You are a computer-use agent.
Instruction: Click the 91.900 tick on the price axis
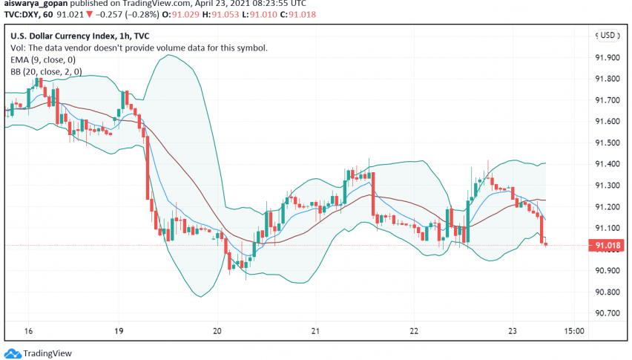point(609,57)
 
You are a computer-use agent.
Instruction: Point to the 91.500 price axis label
point(609,143)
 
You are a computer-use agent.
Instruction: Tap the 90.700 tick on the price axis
point(609,313)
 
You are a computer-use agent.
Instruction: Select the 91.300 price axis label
point(609,185)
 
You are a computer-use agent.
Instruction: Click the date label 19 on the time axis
point(119,330)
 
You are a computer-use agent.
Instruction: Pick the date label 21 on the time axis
point(315,330)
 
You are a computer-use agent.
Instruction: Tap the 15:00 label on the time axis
point(576,330)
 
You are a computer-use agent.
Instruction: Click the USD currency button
point(609,35)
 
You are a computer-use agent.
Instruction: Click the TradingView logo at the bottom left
point(37,353)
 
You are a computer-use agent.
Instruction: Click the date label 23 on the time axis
point(512,330)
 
